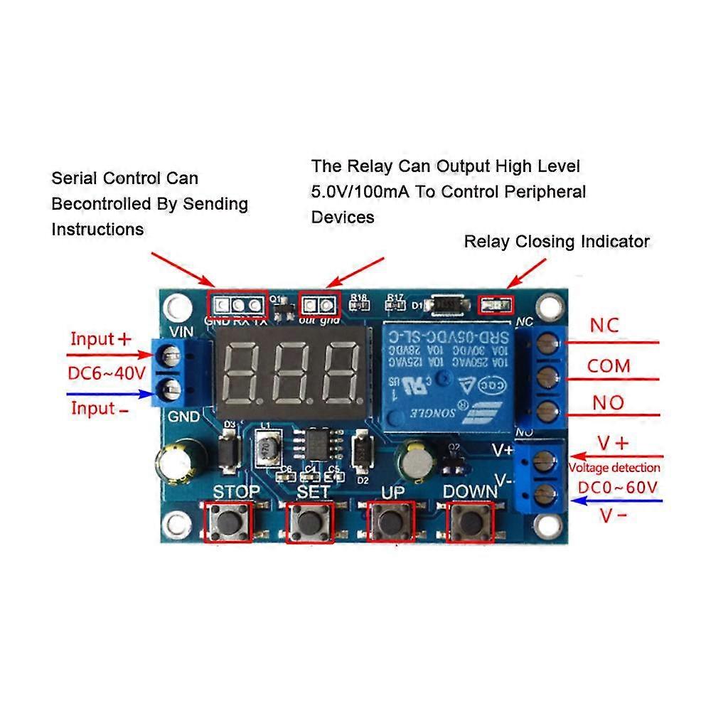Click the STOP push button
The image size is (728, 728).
[x=228, y=523]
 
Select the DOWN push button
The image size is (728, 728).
[x=470, y=523]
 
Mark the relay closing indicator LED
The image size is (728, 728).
[x=495, y=306]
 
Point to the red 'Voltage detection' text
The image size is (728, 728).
[x=614, y=468]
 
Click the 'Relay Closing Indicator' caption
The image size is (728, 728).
[x=557, y=242]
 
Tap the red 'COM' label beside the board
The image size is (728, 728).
[x=609, y=366]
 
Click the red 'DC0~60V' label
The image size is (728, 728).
[x=617, y=488]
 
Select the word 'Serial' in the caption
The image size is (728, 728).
[x=75, y=178]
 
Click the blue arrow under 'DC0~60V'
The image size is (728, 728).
[x=618, y=500]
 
